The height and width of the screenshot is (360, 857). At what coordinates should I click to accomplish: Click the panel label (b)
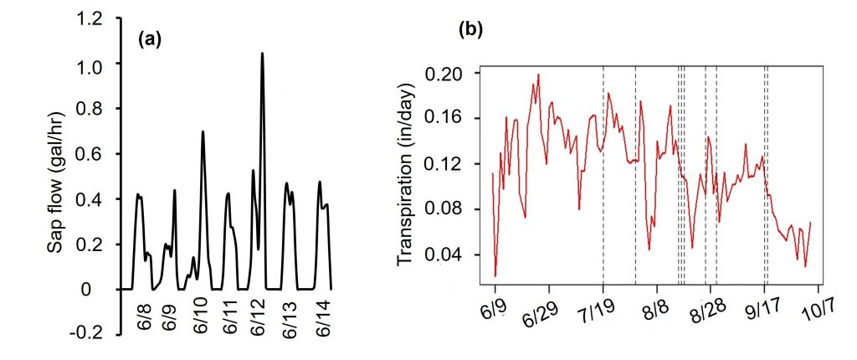(470, 32)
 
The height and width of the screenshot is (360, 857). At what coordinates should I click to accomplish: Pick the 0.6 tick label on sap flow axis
(90, 154)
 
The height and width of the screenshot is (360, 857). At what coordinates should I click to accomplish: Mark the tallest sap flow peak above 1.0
(262, 54)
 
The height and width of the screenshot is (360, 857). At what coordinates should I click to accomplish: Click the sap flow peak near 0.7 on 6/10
(203, 131)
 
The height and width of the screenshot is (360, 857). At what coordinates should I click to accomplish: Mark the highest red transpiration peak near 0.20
(538, 75)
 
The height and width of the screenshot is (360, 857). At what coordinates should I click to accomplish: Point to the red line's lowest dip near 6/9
(495, 275)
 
